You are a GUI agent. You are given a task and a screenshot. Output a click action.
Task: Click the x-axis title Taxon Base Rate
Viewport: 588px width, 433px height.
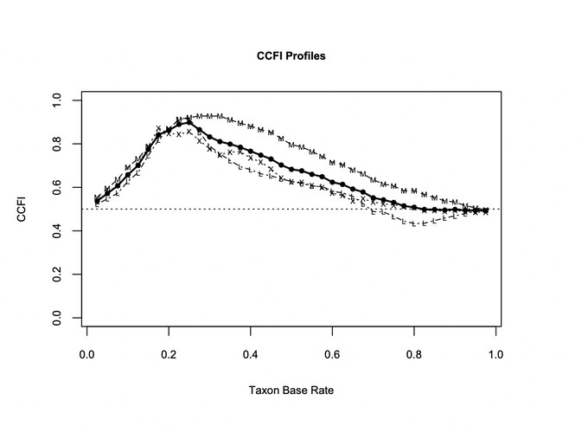(x=291, y=391)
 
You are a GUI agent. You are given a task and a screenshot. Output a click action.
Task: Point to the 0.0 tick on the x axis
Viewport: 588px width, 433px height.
(x=86, y=354)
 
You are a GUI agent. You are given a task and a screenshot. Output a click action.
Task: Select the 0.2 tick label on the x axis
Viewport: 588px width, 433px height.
(x=169, y=354)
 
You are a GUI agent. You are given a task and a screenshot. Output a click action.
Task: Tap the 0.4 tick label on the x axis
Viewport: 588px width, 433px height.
(x=251, y=354)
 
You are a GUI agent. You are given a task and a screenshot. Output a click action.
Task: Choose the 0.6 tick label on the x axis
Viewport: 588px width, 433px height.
(x=333, y=354)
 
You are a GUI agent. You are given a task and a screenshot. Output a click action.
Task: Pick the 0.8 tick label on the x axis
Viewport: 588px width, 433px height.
(x=415, y=354)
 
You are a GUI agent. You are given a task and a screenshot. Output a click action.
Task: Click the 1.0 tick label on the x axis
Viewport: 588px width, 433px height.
(x=496, y=354)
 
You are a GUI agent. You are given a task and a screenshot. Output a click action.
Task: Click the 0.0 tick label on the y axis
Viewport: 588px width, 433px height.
(x=57, y=320)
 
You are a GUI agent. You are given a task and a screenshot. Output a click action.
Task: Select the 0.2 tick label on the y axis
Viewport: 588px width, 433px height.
(x=57, y=275)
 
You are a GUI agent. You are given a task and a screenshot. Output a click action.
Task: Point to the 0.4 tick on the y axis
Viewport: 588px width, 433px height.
(x=57, y=232)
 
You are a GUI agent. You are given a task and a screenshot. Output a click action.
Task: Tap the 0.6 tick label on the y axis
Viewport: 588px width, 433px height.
(x=57, y=188)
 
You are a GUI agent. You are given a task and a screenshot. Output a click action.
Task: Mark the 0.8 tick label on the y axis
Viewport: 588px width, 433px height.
(x=57, y=144)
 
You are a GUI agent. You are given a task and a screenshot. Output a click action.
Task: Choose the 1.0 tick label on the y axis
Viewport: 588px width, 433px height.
(x=57, y=100)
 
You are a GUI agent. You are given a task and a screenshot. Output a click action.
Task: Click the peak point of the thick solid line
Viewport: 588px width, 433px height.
(x=189, y=122)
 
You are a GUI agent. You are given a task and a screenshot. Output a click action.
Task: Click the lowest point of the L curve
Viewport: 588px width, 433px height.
(x=415, y=224)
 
